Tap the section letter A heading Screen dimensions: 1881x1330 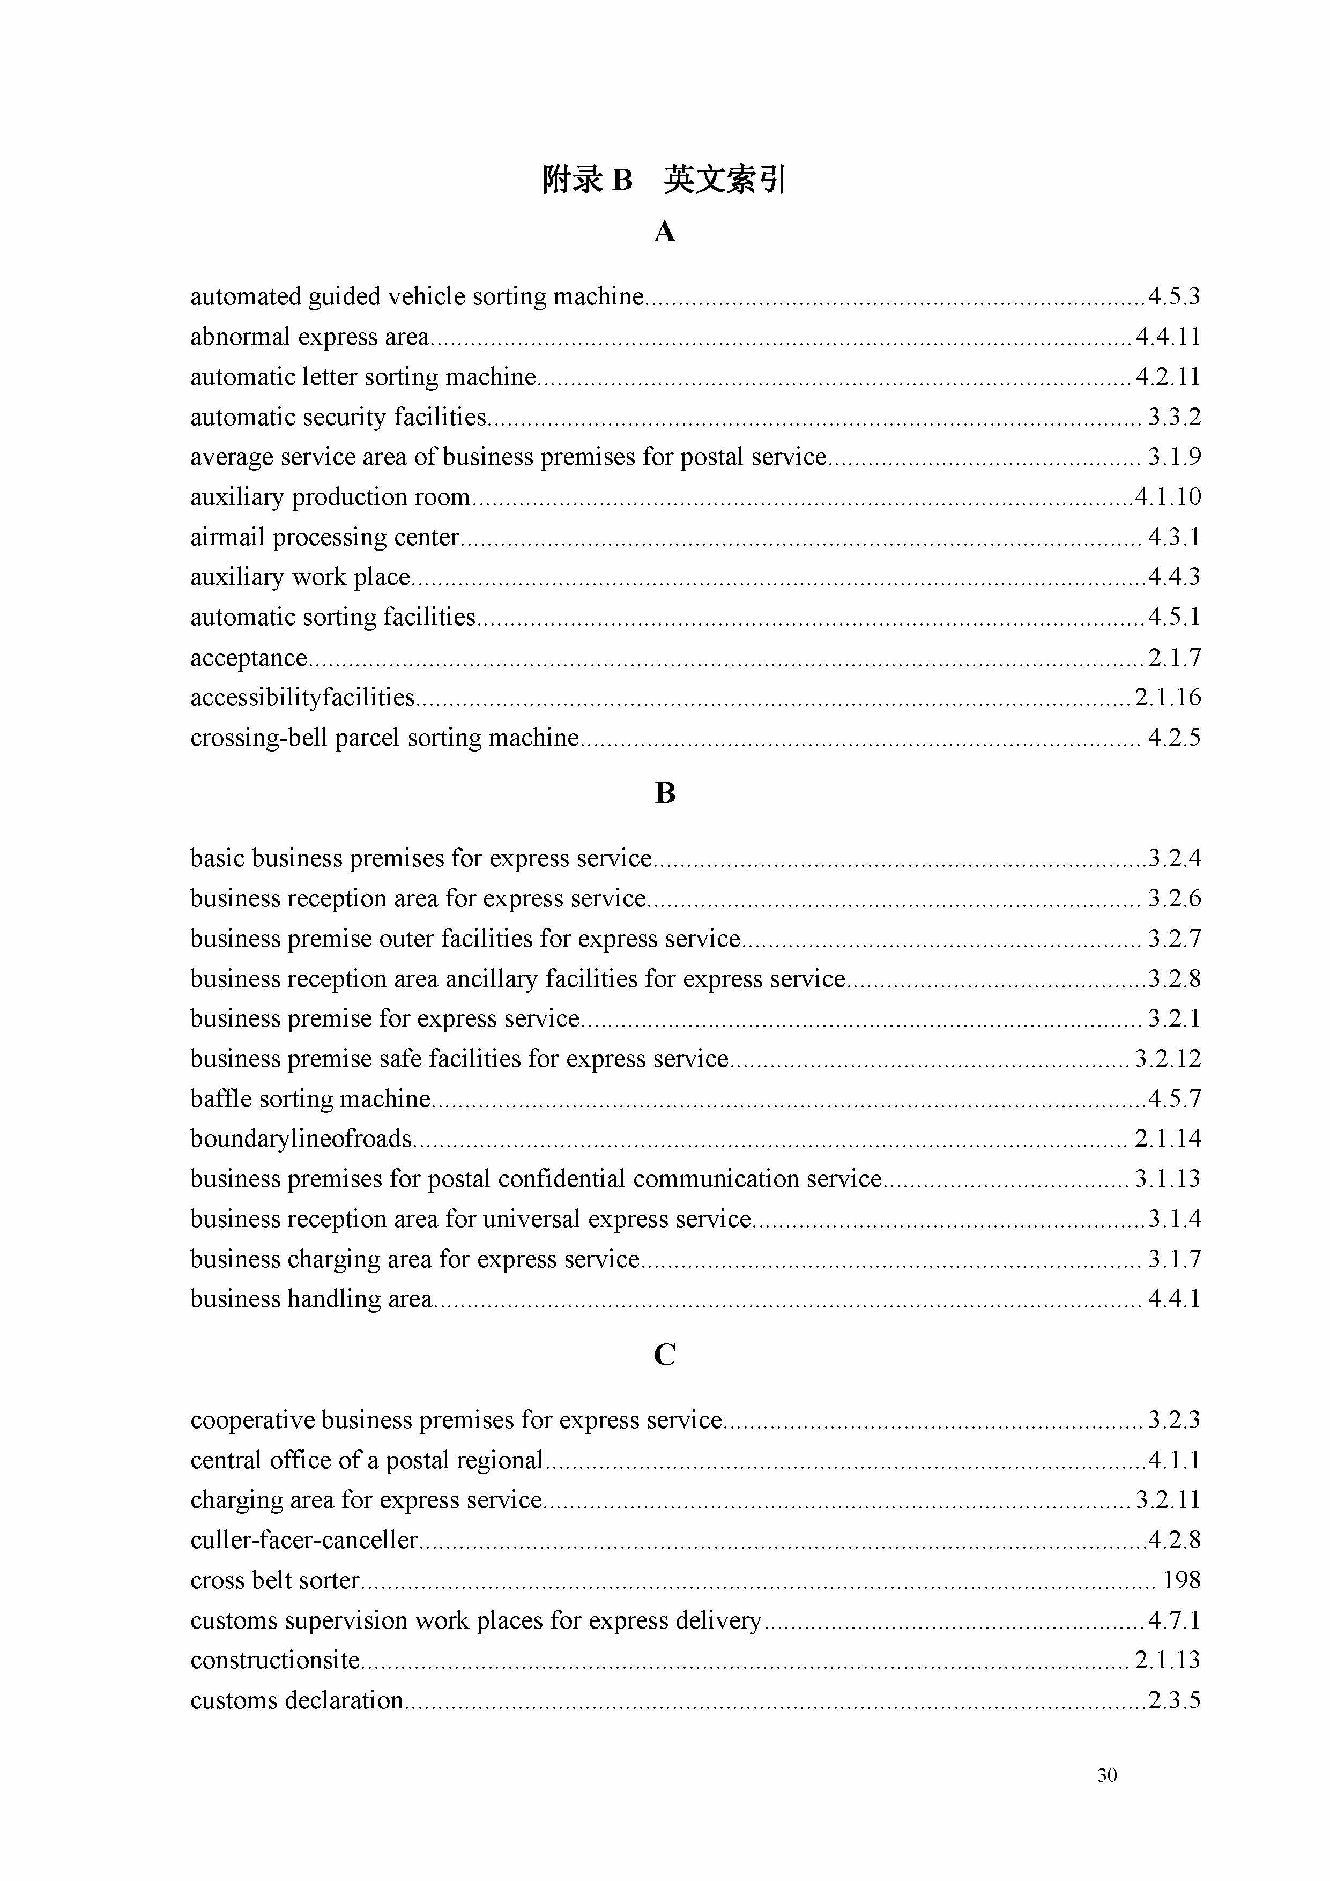pos(665,233)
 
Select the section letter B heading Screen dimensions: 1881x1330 pos(665,793)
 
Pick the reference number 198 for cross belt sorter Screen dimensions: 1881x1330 pos(1181,1580)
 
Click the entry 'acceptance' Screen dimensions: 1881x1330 pos(248,658)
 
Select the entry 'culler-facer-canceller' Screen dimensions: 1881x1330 pos(304,1540)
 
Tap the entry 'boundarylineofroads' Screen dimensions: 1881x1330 pos(301,1139)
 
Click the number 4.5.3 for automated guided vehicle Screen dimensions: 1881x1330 pos(1173,296)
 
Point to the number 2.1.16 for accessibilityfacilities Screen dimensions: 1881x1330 pos(1168,697)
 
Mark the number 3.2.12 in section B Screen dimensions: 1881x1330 pos(1168,1059)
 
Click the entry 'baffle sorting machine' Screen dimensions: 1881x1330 pos(310,1098)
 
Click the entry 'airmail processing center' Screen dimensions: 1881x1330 pos(324,538)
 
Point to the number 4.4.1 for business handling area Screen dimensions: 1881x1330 pos(1173,1299)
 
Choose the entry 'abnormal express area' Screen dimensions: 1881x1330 pos(310,337)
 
